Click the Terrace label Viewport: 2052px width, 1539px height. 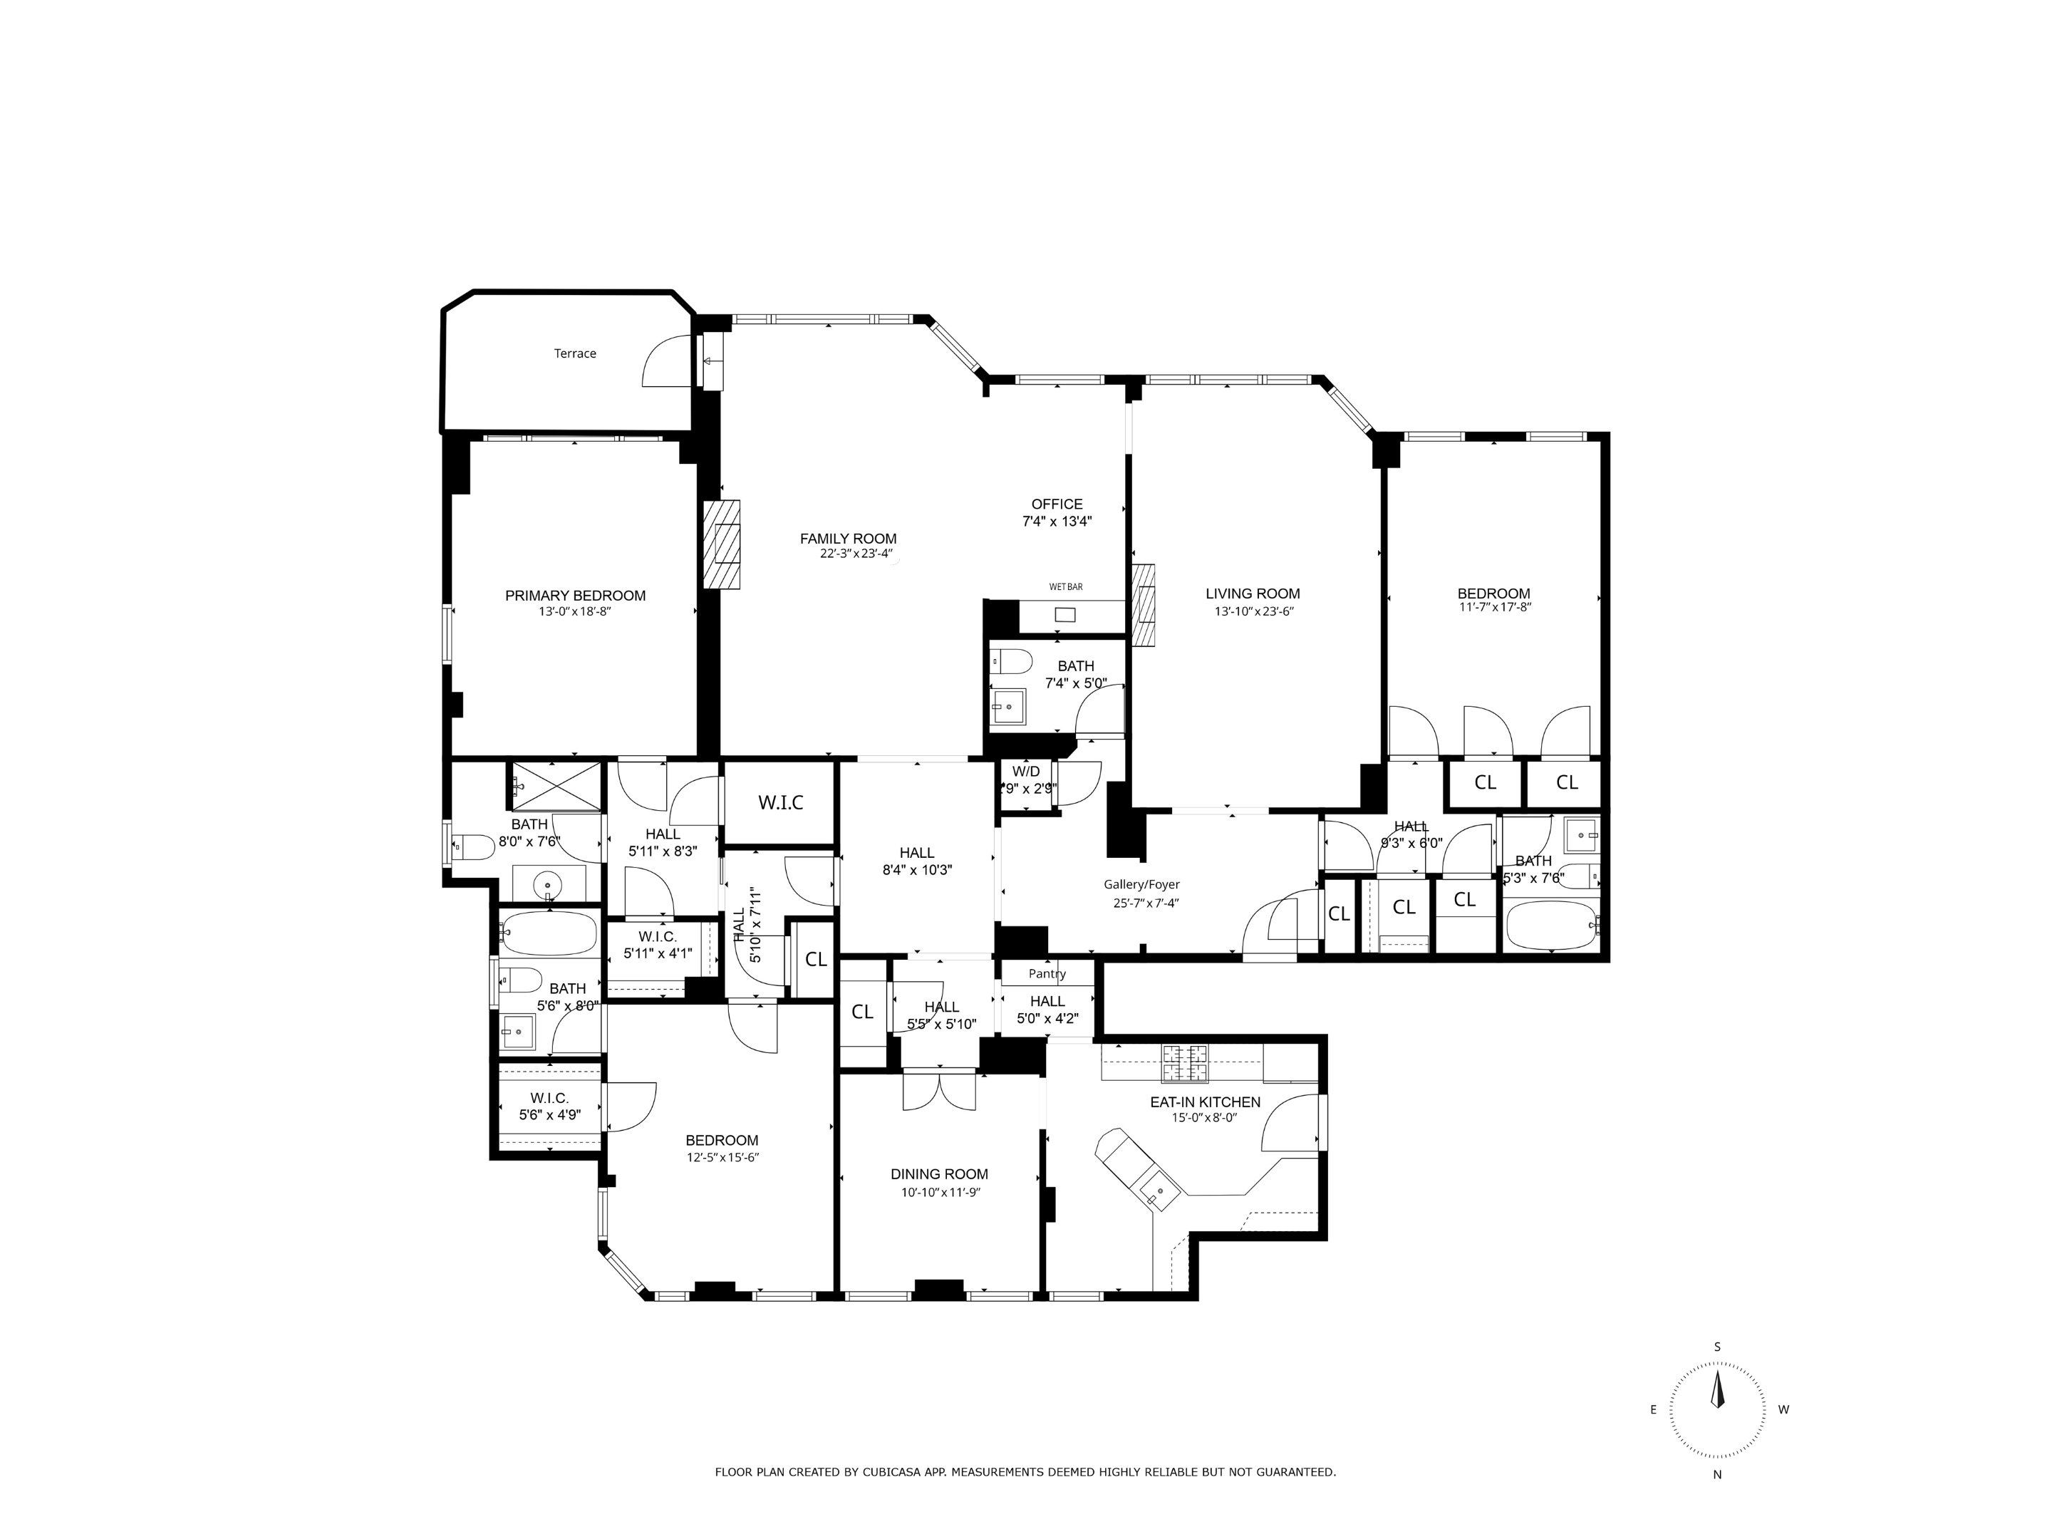[x=574, y=353]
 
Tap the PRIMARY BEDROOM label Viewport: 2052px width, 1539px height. [x=574, y=596]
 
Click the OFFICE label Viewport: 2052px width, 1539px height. [x=1057, y=504]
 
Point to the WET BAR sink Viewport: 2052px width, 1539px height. [x=1065, y=614]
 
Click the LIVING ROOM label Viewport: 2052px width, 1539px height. [x=1253, y=594]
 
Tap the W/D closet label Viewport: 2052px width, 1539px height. [x=1026, y=771]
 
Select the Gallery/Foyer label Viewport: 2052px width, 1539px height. [x=1141, y=884]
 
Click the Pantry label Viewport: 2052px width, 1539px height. [x=1047, y=973]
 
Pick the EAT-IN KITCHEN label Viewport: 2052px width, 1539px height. [x=1204, y=1102]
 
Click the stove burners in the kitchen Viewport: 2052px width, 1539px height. [x=1186, y=1062]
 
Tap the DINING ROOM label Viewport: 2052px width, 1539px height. [x=939, y=1173]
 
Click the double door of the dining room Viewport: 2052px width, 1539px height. [x=939, y=1091]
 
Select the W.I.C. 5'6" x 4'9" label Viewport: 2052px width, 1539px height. [x=549, y=1099]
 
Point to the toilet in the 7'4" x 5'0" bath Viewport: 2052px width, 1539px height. [x=1013, y=661]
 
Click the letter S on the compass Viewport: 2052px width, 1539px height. [x=1717, y=1347]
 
